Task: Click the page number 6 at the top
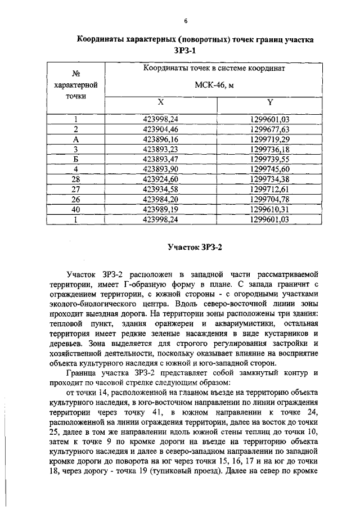(184, 21)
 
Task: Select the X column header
(160, 103)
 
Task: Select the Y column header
(269, 103)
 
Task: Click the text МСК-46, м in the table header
(213, 85)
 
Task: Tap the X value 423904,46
(160, 129)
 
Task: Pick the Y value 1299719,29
(269, 139)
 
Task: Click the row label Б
(75, 159)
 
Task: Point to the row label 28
(75, 179)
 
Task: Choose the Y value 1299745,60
(269, 169)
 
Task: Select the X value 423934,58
(160, 190)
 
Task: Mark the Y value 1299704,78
(269, 200)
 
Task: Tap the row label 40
(75, 210)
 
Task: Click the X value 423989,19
(160, 210)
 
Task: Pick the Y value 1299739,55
(269, 159)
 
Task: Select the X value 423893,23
(160, 149)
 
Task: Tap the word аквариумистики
(234, 325)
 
